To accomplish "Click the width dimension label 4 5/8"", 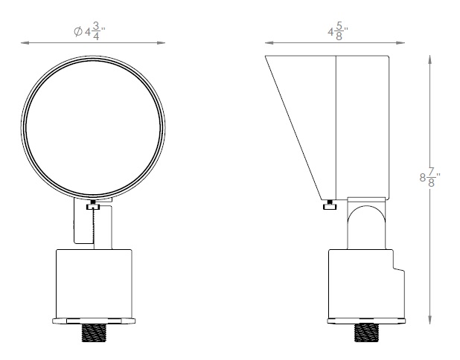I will click(x=339, y=33).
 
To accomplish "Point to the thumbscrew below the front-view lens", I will click(x=92, y=206).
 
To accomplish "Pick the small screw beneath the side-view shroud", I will click(x=328, y=205).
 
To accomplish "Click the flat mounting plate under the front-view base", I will click(x=94, y=321).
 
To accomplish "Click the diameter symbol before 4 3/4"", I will click(x=77, y=33).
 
